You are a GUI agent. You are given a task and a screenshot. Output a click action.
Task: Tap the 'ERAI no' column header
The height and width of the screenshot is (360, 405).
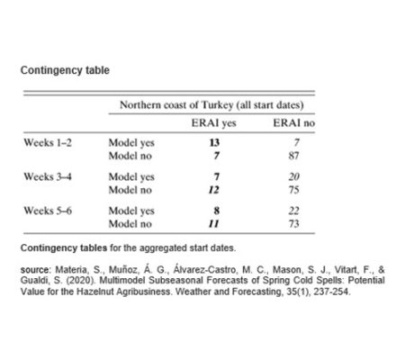(x=292, y=123)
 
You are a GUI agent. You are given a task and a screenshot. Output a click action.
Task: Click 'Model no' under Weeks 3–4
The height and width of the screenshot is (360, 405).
(x=130, y=190)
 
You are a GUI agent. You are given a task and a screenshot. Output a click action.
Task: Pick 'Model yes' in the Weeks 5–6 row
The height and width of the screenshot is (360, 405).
(x=132, y=211)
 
